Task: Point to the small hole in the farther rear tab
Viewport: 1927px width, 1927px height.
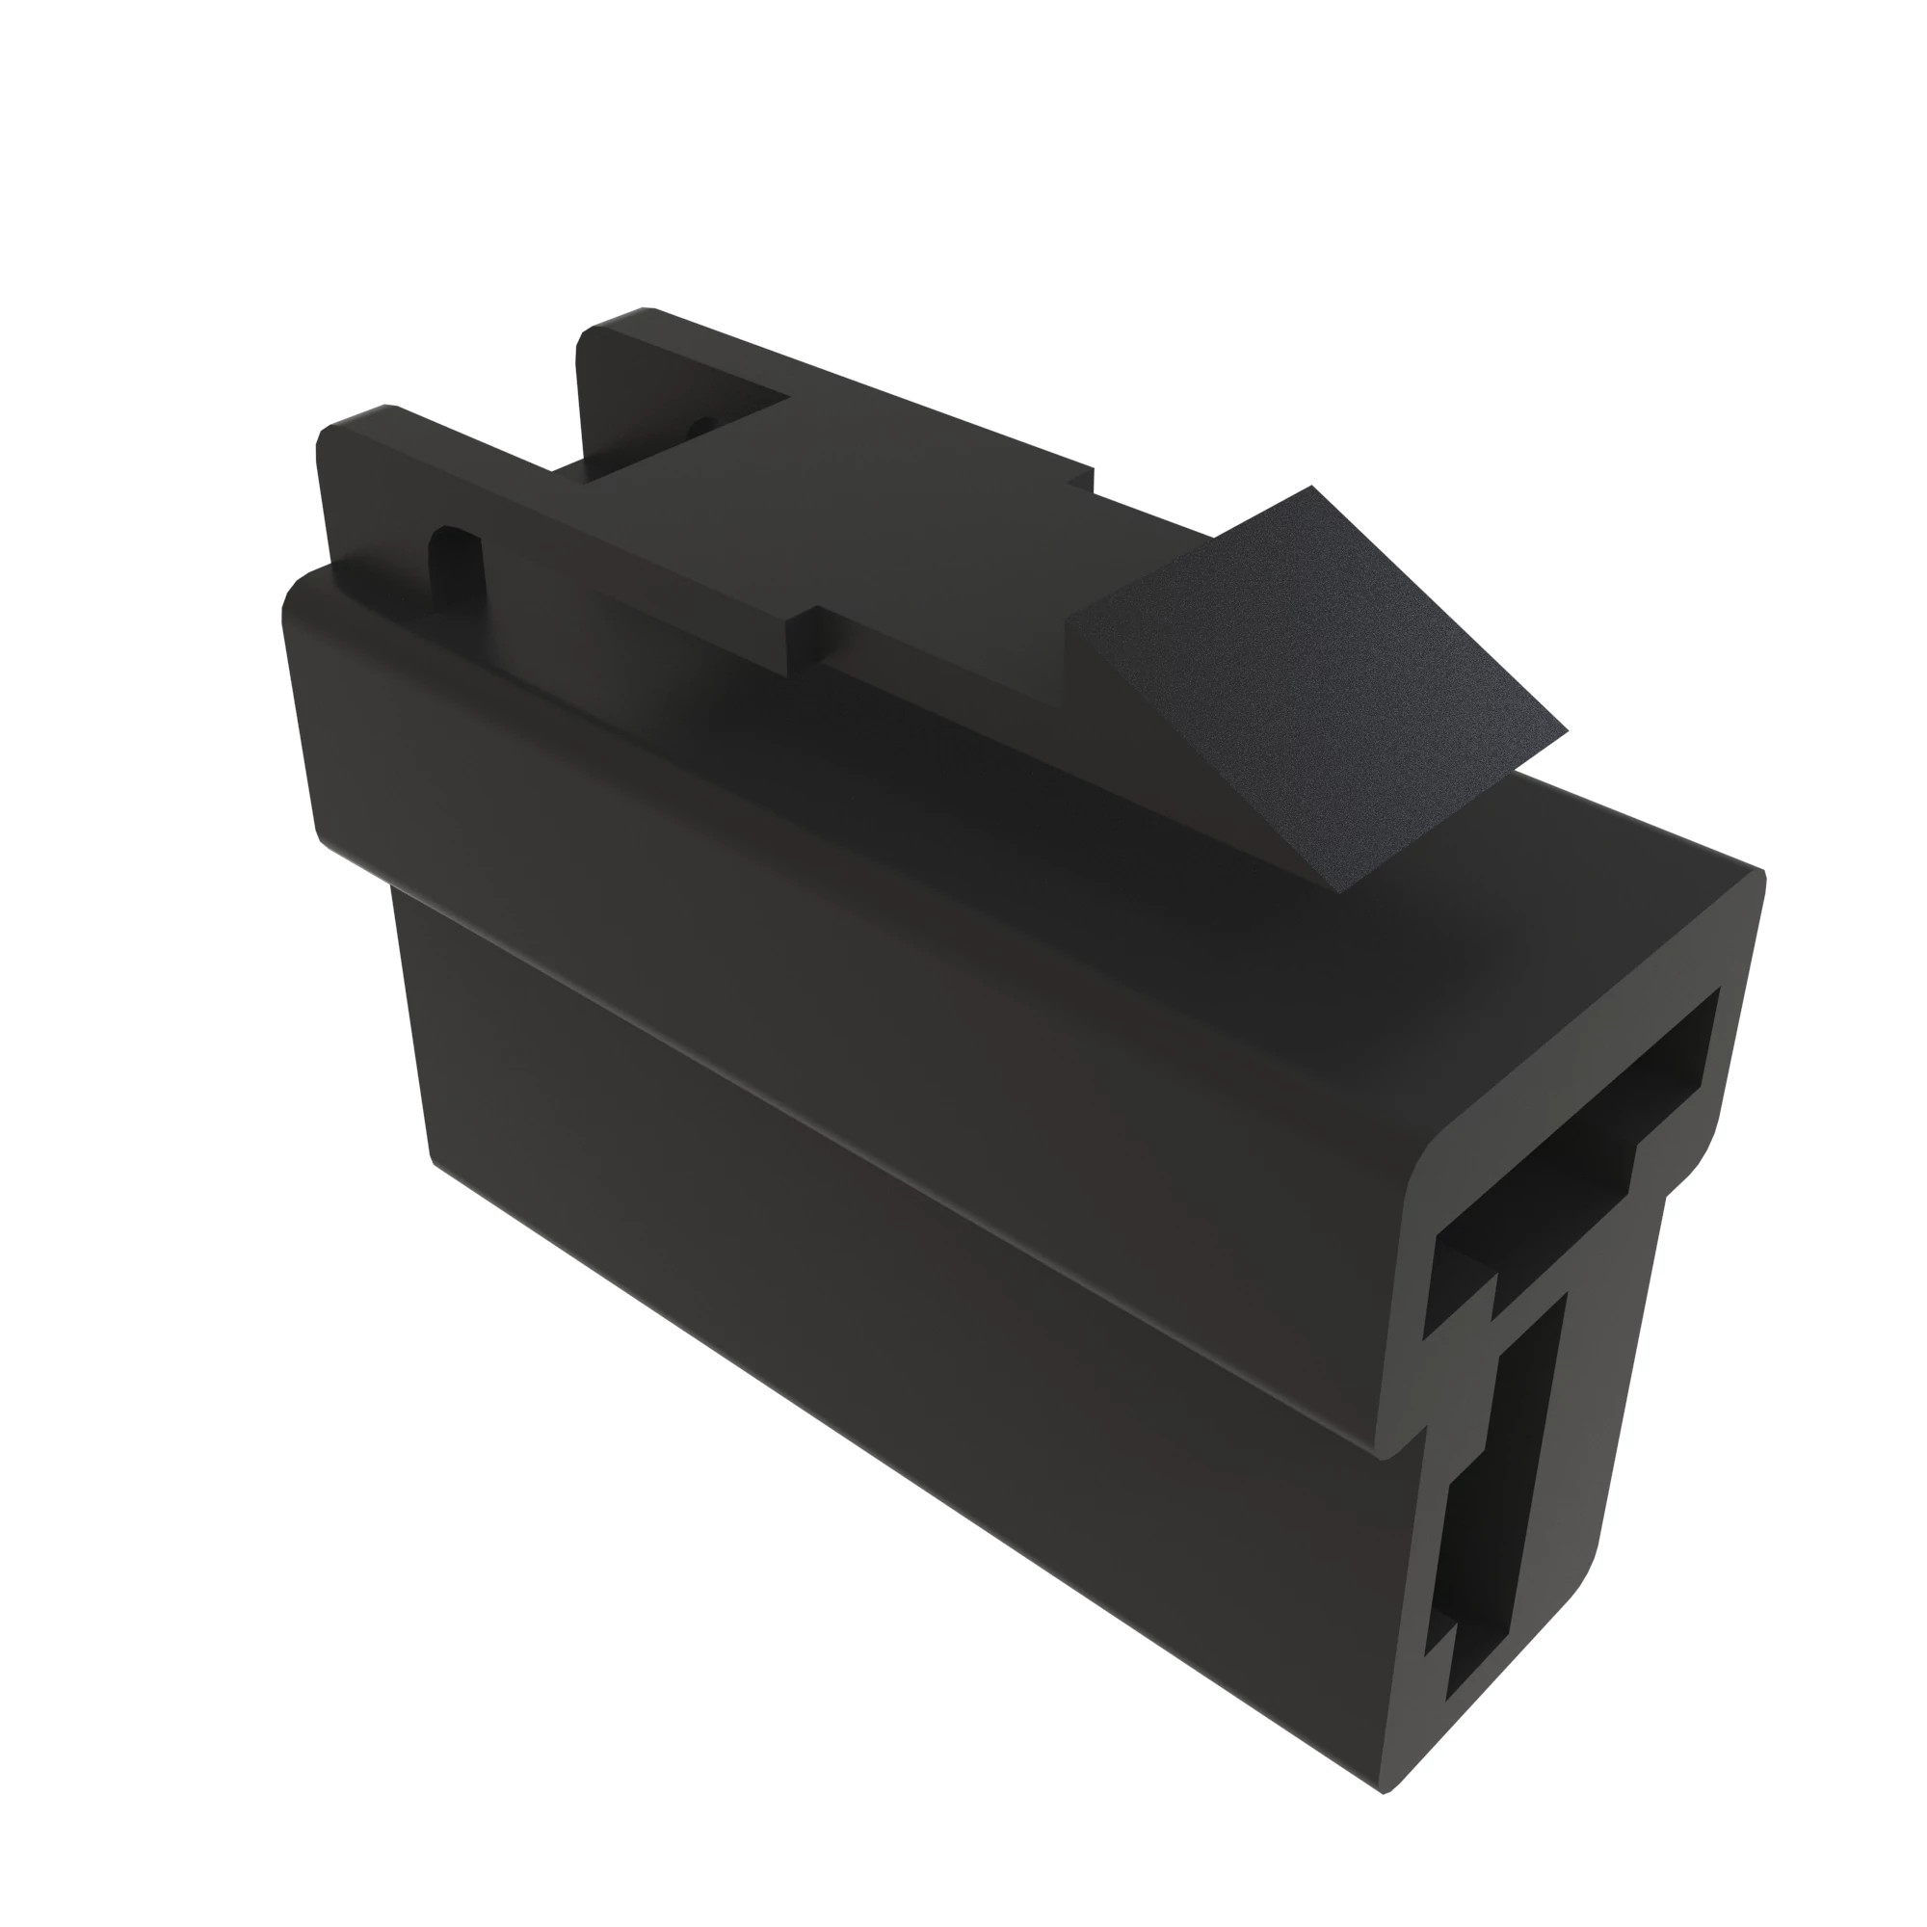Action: (x=703, y=424)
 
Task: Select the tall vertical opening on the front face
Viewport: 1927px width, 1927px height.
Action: (x=1496, y=1496)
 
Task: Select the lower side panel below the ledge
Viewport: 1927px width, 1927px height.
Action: (x=898, y=1347)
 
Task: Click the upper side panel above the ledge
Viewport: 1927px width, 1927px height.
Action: (x=848, y=898)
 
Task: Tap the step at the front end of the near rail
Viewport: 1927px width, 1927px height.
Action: (x=803, y=639)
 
